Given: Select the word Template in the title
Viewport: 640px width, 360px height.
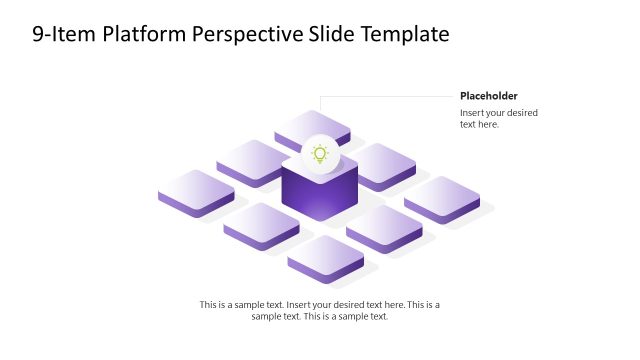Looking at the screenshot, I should [x=402, y=35].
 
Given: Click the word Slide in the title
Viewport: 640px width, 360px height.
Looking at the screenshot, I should [x=330, y=35].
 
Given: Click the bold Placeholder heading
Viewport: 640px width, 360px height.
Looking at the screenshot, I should [x=489, y=96].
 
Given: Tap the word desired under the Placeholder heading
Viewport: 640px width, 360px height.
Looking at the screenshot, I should [x=519, y=113].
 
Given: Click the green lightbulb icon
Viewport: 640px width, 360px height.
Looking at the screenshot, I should [x=320, y=154].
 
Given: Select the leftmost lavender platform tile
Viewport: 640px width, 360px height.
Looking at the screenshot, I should [x=196, y=191].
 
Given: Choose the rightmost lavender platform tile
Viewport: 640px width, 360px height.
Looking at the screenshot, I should [x=442, y=197].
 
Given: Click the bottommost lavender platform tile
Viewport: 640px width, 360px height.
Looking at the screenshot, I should [x=326, y=257].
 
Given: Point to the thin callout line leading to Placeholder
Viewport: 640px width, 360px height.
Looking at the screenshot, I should [x=390, y=97].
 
